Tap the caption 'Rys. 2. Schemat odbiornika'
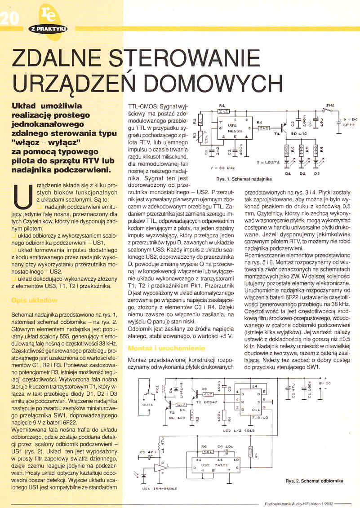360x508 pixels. click(x=314, y=481)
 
